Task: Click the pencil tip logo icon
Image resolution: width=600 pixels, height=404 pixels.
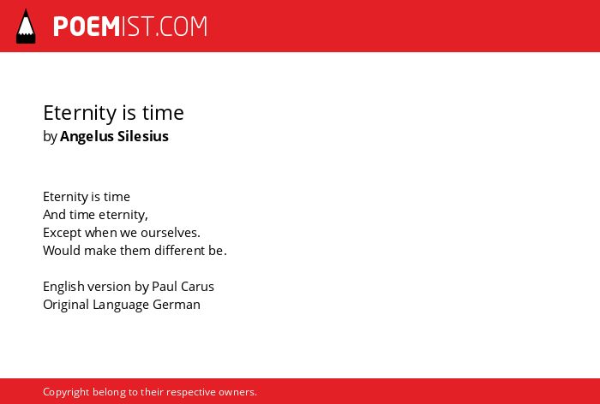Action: click(26, 27)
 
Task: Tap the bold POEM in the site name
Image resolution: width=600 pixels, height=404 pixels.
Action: click(87, 27)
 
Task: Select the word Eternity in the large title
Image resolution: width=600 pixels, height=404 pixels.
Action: click(80, 114)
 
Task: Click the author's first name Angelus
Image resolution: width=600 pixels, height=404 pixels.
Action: click(87, 137)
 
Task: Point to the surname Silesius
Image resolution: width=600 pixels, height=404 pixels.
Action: click(143, 136)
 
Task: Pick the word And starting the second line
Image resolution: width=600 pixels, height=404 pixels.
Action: click(54, 215)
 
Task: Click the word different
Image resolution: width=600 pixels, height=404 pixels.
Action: click(179, 251)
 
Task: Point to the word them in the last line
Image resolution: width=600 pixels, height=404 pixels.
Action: click(135, 251)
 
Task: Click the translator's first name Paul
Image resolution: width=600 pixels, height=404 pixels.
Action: click(165, 287)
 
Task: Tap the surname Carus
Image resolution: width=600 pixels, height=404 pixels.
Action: click(197, 287)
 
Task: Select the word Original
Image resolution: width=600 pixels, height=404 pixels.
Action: click(66, 305)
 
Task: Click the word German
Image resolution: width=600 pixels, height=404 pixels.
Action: click(177, 305)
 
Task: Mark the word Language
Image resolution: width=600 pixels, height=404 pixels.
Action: click(121, 305)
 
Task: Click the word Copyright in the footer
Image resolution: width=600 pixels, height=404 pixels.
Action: click(66, 392)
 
